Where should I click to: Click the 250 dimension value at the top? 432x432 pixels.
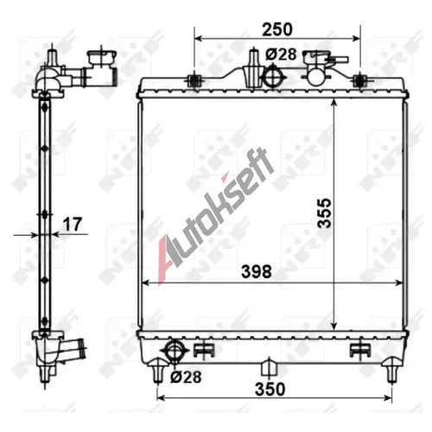pyautogui.click(x=277, y=29)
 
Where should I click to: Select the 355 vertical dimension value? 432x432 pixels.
pyautogui.click(x=325, y=213)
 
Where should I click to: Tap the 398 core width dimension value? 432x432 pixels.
pyautogui.click(x=257, y=271)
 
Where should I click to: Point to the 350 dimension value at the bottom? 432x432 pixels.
pyautogui.click(x=270, y=389)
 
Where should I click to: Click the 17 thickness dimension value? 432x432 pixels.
pyautogui.click(x=73, y=224)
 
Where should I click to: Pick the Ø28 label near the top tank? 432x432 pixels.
pyautogui.click(x=281, y=54)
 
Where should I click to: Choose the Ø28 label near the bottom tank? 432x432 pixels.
pyautogui.click(x=186, y=377)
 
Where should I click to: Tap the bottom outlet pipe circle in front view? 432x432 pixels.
pyautogui.click(x=175, y=351)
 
